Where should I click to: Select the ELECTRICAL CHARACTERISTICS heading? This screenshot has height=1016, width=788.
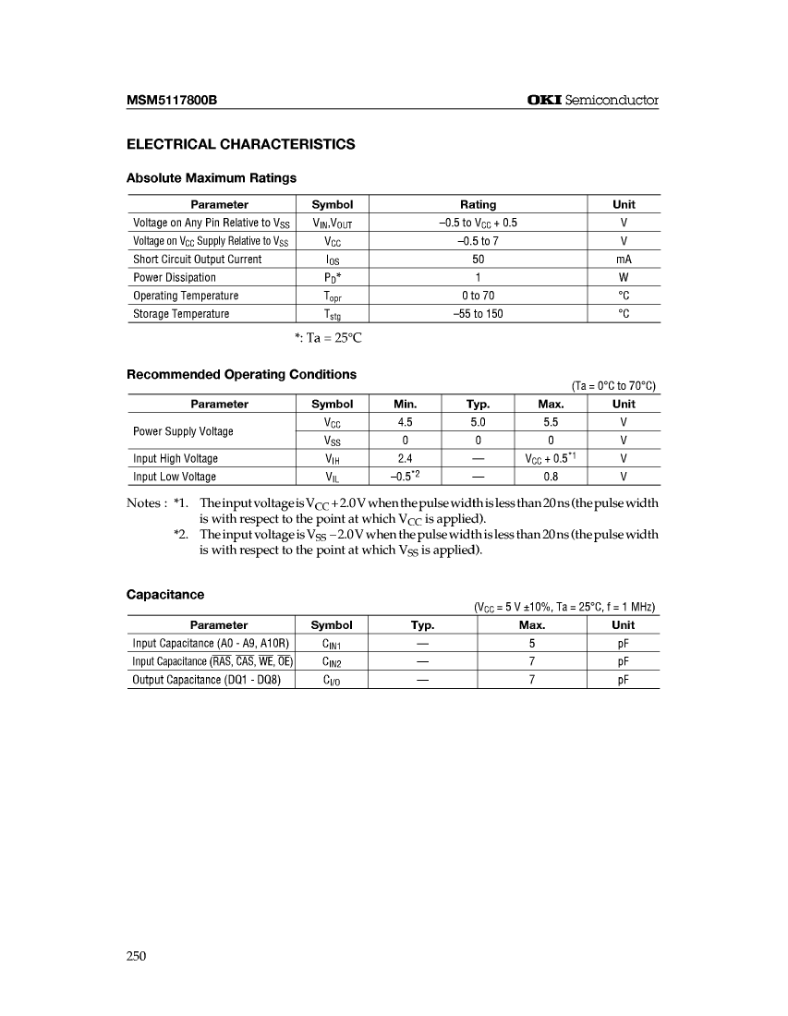coord(240,144)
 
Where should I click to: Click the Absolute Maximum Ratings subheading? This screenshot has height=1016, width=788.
coord(211,177)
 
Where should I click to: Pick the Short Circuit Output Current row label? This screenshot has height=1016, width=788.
coord(197,259)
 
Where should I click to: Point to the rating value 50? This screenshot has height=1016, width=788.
coord(478,259)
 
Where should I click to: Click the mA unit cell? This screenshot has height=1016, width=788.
coord(624,259)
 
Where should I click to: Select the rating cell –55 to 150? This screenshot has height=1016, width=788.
coord(478,314)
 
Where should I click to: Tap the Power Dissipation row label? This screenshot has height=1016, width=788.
coord(175,277)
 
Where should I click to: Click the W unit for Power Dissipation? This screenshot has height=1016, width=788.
coord(624,277)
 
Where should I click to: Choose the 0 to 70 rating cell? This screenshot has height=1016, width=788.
coord(478,296)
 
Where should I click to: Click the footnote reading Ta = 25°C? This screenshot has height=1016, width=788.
coord(328,338)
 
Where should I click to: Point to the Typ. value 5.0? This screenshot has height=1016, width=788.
coord(478,422)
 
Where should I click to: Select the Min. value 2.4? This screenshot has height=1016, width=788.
coord(405,458)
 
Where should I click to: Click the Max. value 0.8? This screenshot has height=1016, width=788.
coord(551,477)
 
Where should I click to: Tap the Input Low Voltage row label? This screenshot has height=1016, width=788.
coord(175,477)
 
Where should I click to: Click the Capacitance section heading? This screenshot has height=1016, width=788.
coord(165,594)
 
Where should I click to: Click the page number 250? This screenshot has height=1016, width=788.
coord(137,956)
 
